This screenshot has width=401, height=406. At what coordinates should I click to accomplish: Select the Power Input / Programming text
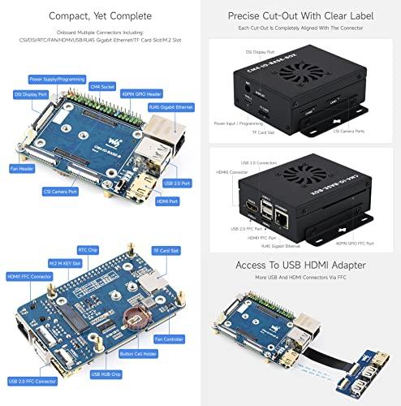[x=241, y=123]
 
